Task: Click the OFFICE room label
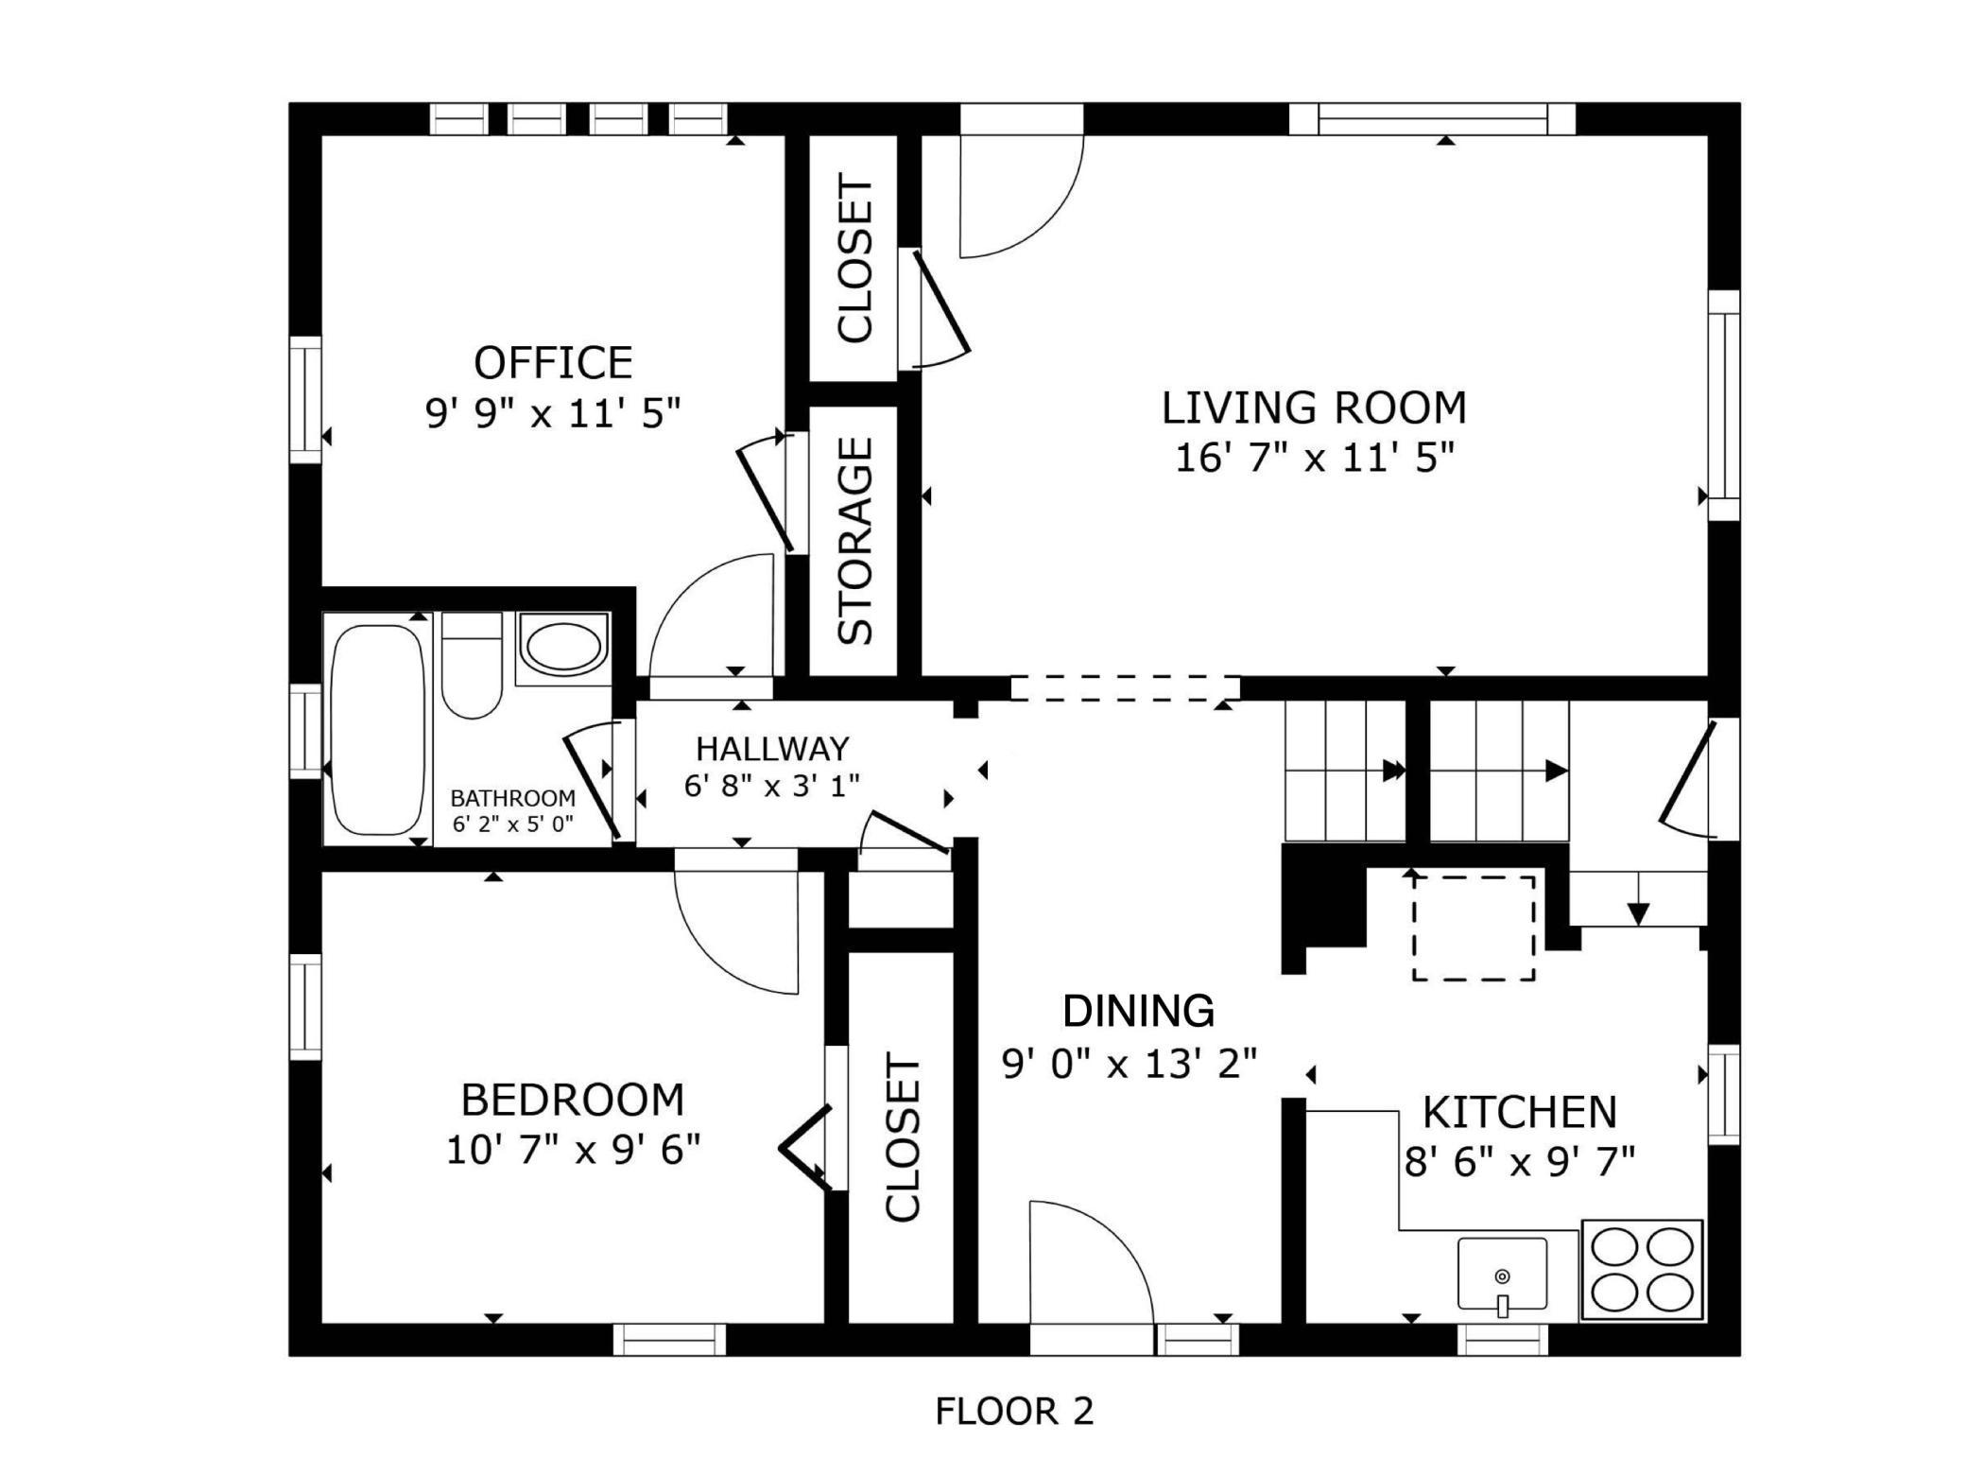pos(553,363)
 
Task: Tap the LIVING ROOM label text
pos(1314,408)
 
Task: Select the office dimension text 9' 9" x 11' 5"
pos(553,413)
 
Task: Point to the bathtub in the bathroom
pos(378,729)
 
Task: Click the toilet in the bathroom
pos(472,665)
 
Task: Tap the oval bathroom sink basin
pos(563,649)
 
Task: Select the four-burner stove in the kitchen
pos(1642,1270)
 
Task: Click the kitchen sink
pos(1502,1274)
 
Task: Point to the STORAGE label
pos(856,541)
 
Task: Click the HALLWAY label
pos(772,749)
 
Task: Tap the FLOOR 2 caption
pos(1014,1412)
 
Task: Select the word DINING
pos(1138,1011)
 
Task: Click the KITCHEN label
pos(1520,1113)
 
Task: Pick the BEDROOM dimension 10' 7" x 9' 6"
pos(573,1151)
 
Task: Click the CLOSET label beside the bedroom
pos(903,1138)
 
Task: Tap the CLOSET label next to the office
pos(856,258)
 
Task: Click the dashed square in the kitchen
pos(1474,928)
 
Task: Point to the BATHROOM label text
pos(512,798)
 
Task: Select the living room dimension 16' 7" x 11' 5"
pos(1314,459)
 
